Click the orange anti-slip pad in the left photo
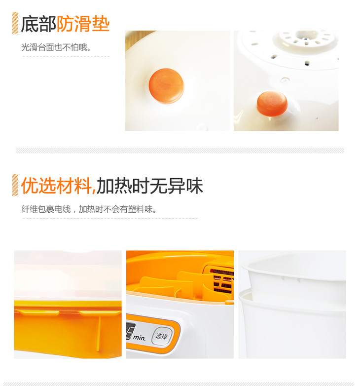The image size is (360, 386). pos(167,85)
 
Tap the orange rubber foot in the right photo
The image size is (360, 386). pos(272,103)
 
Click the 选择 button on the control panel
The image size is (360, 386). pos(162,336)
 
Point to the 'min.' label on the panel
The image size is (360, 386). pos(140,338)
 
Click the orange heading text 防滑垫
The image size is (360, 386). pos(83,24)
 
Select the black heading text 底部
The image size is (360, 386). pos(38,24)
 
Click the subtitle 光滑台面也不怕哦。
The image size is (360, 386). pos(56,47)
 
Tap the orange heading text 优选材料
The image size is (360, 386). pos(57,186)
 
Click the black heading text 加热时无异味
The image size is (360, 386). pos(150,186)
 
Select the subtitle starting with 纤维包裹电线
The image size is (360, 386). pos(89,209)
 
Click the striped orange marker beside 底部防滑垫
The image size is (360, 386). pos(15,23)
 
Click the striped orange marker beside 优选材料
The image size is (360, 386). pos(15,185)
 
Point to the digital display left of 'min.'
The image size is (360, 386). pos(130,331)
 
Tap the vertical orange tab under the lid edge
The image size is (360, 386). pos(99,333)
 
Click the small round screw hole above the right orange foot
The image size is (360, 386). pos(285,79)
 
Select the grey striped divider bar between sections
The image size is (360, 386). pos(180,150)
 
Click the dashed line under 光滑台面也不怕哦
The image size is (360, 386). pos(66,56)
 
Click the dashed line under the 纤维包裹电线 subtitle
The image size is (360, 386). pos(110,218)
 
